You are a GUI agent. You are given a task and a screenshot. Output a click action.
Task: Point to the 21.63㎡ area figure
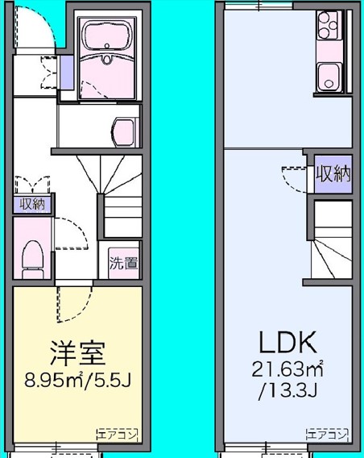pyautogui.click(x=286, y=372)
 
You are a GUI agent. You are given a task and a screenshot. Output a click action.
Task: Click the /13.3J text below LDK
pyautogui.click(x=286, y=393)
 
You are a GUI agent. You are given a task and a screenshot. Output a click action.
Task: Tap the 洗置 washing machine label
pyautogui.click(x=123, y=263)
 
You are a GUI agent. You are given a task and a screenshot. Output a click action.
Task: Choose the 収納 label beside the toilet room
pyautogui.click(x=32, y=205)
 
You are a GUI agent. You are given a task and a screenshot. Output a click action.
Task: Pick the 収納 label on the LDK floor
pyautogui.click(x=333, y=174)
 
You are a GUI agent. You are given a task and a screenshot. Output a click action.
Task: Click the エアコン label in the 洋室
pyautogui.click(x=118, y=434)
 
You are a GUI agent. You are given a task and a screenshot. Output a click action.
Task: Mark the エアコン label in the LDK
pyautogui.click(x=327, y=434)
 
